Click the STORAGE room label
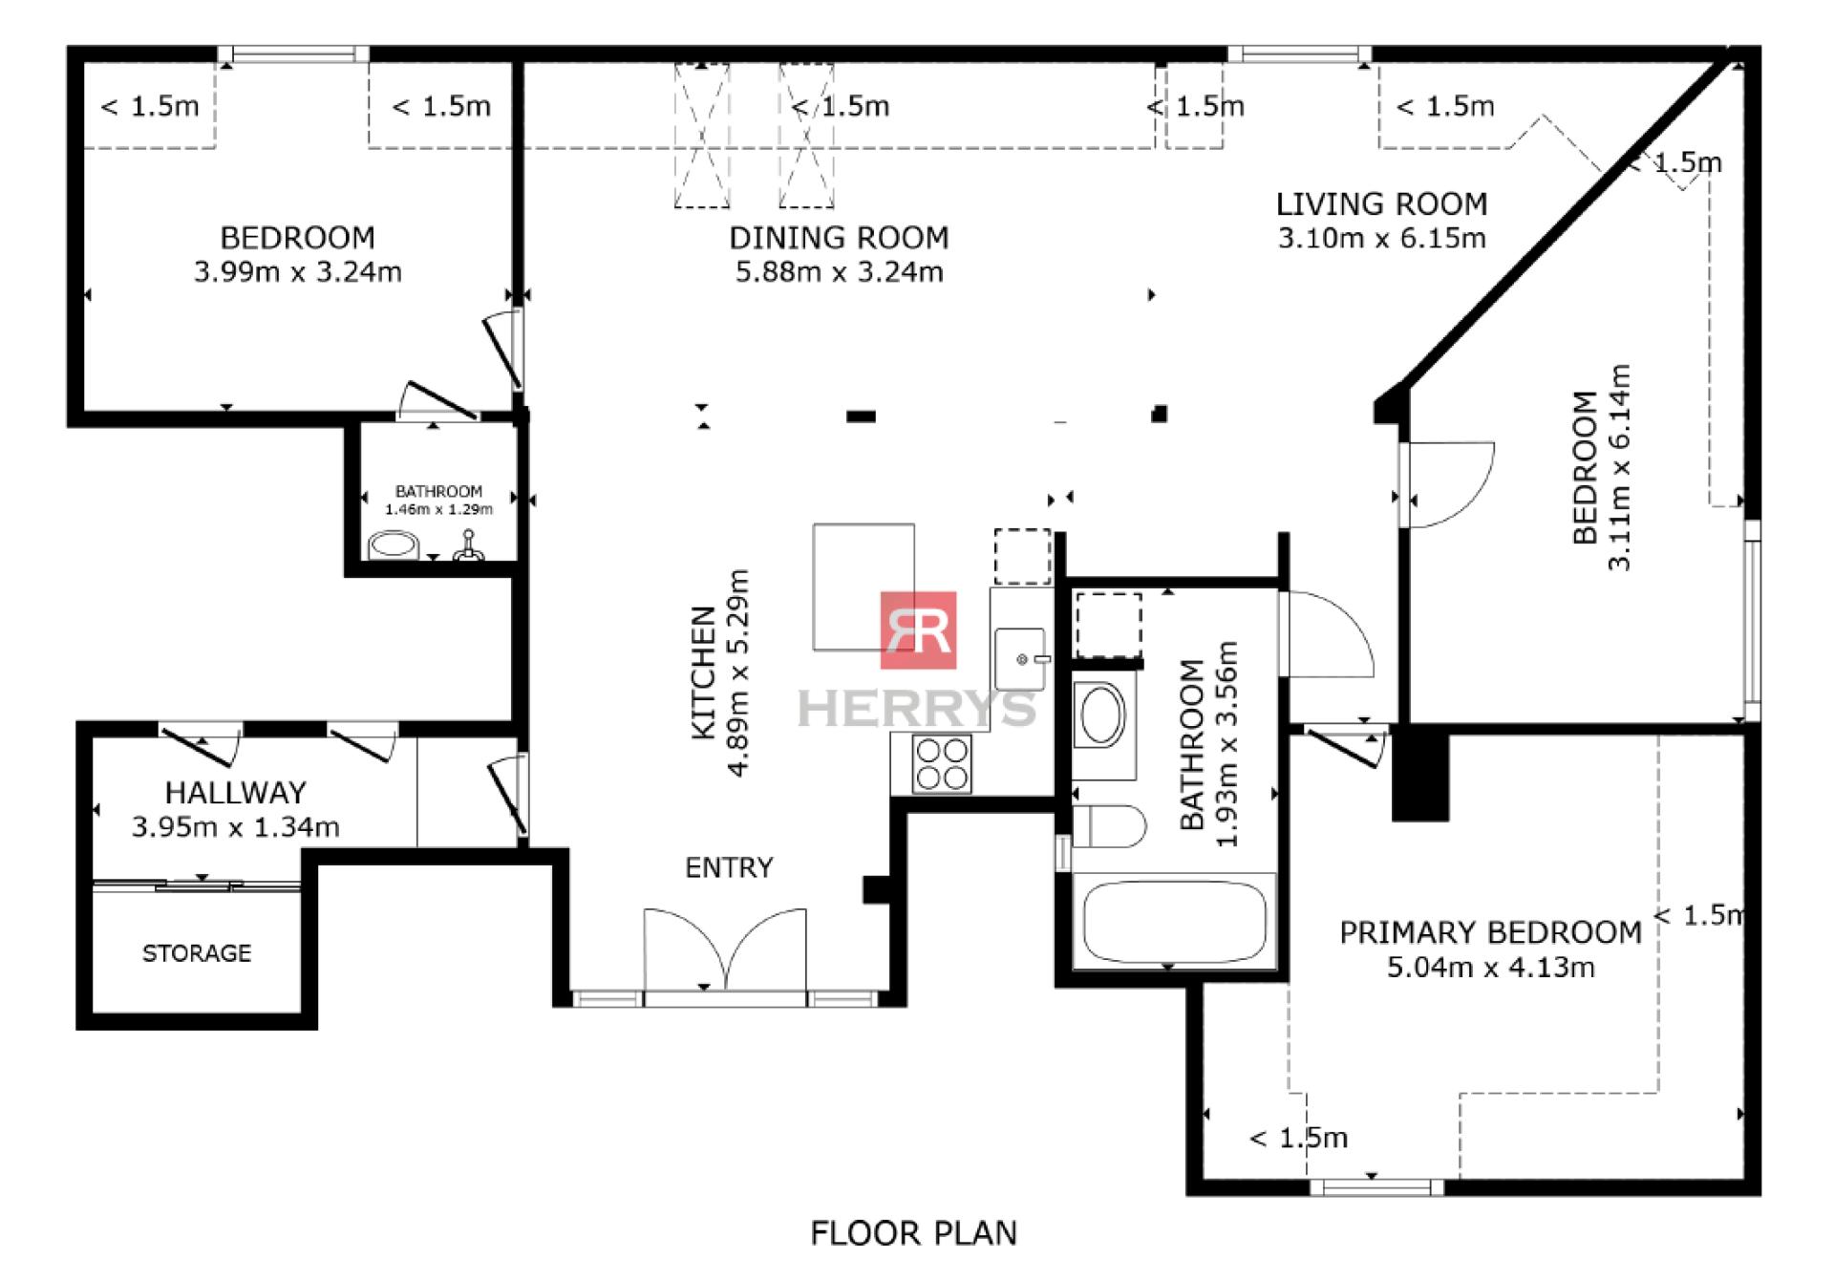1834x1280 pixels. (x=197, y=953)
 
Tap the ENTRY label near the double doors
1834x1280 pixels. (x=729, y=867)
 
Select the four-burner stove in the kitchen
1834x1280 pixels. (x=942, y=764)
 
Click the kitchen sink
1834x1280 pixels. (x=1021, y=658)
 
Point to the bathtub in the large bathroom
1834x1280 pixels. (x=1175, y=922)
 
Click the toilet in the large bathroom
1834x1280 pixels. (x=1108, y=826)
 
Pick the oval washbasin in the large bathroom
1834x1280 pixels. (x=1102, y=714)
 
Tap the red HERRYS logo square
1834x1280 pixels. (x=918, y=630)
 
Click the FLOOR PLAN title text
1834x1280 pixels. (x=913, y=1233)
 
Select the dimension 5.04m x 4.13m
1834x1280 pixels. (x=1490, y=968)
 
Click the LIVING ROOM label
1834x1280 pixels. (x=1381, y=203)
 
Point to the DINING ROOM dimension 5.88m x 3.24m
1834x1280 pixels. (x=839, y=272)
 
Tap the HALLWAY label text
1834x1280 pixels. (x=235, y=793)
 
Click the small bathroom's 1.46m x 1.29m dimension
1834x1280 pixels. (x=438, y=509)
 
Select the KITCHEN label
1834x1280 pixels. (x=703, y=672)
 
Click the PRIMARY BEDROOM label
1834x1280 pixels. (x=1490, y=932)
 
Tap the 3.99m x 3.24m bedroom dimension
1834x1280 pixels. (x=297, y=272)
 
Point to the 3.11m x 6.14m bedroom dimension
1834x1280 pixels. (x=1619, y=467)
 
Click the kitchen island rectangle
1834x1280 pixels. (x=864, y=587)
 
